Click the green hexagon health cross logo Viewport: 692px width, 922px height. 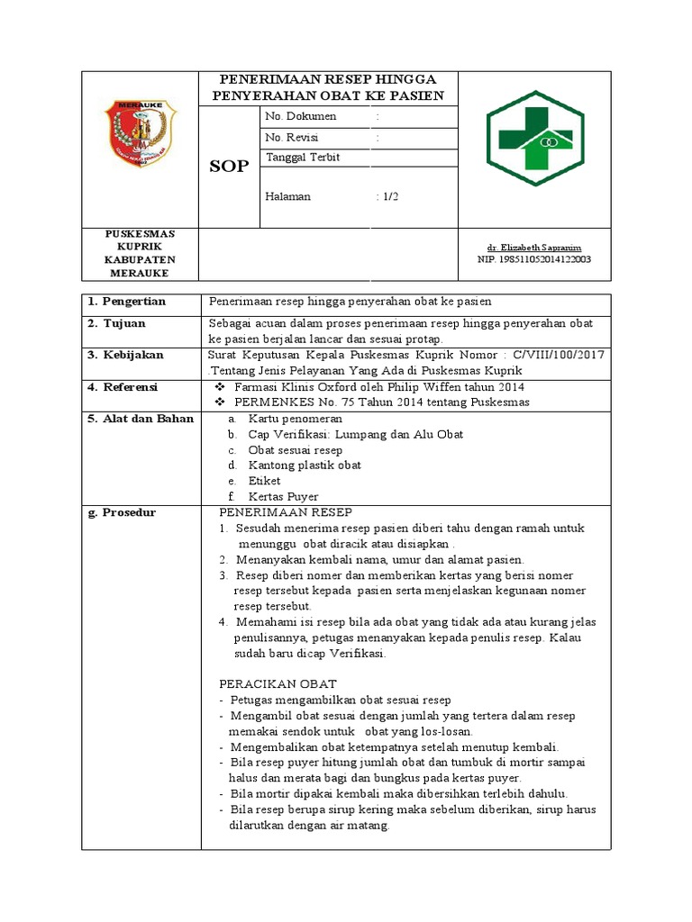[x=535, y=137]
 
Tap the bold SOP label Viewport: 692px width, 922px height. [x=229, y=167]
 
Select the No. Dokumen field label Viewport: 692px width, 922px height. [x=301, y=116]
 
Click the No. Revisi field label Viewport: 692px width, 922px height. [x=293, y=138]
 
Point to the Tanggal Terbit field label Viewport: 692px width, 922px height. [x=304, y=157]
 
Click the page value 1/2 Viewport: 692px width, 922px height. [x=388, y=196]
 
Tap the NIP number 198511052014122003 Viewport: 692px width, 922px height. [x=534, y=259]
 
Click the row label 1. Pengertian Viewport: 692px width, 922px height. [x=132, y=301]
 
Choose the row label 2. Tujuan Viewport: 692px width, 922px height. [x=117, y=323]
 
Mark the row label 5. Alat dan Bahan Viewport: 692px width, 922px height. [x=141, y=419]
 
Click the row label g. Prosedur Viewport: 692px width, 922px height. [x=123, y=512]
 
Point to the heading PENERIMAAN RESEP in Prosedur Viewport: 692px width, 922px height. [x=286, y=512]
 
